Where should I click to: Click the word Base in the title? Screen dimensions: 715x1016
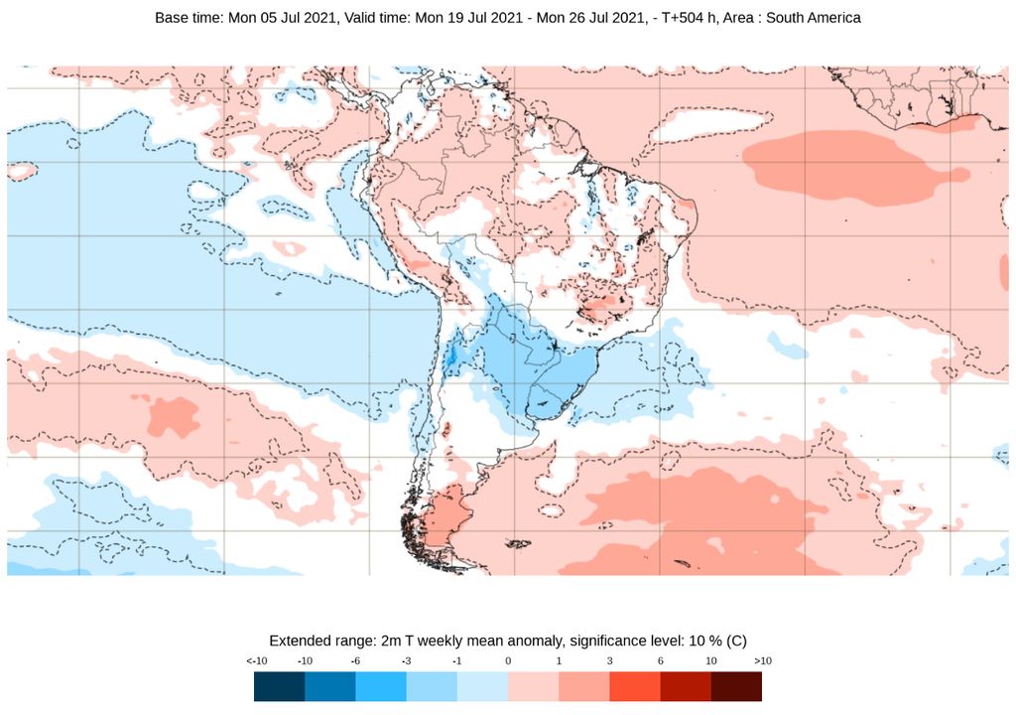click(173, 18)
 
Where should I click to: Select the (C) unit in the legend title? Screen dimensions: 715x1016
click(735, 641)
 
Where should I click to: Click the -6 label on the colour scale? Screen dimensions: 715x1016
click(355, 661)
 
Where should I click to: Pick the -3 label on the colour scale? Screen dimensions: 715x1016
click(406, 661)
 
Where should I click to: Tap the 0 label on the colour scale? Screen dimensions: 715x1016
click(508, 661)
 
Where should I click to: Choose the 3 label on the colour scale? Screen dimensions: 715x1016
click(609, 661)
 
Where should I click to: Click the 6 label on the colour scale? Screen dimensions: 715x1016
click(660, 661)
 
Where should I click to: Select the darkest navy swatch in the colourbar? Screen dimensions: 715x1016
click(279, 686)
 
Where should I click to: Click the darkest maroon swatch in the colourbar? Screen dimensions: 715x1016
click(736, 686)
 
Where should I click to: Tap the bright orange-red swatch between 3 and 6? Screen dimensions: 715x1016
click(635, 686)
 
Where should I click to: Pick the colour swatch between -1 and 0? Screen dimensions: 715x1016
click(482, 686)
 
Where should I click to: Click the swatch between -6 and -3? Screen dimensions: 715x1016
click(381, 686)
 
